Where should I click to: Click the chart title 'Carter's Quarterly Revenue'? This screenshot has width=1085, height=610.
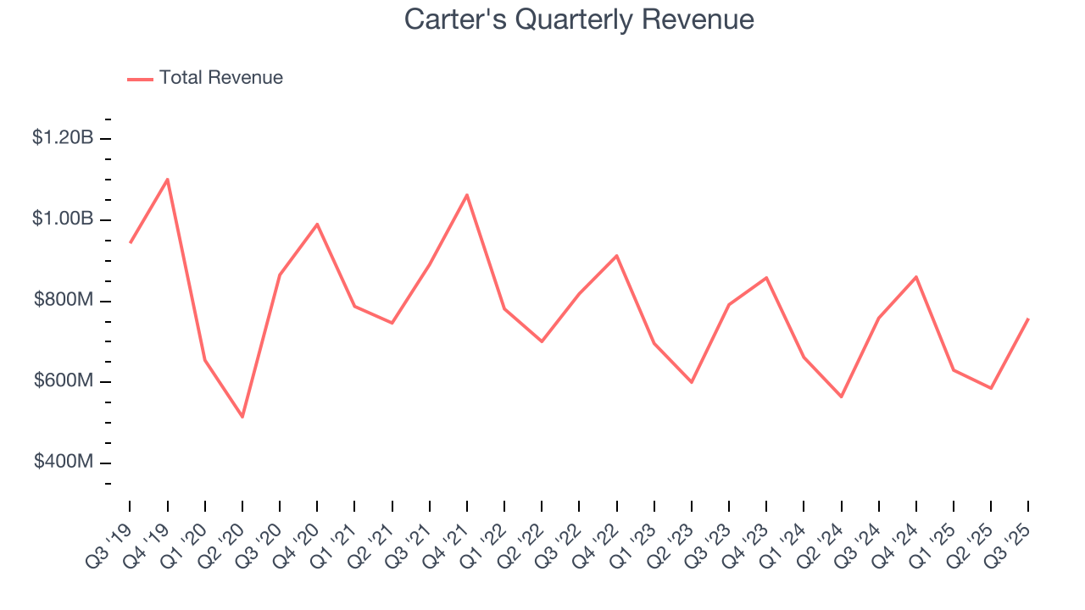coord(579,19)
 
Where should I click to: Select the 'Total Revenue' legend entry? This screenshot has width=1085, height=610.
coord(220,78)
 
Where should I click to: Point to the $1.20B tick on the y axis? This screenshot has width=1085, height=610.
coord(63,137)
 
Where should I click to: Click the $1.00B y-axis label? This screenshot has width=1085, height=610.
coord(63,219)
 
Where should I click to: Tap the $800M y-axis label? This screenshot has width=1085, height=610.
coord(64,300)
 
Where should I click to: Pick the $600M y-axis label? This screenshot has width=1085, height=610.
coord(64,381)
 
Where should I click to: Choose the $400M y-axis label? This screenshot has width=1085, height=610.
coord(64,462)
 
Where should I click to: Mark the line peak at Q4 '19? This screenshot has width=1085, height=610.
coord(168,179)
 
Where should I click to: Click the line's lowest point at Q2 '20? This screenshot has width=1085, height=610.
coord(242,417)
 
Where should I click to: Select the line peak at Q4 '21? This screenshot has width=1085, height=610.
coord(467,195)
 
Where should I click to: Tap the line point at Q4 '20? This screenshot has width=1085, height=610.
coord(317,224)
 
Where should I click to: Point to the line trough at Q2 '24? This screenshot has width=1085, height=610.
coord(842,396)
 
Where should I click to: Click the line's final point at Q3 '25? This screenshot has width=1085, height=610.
coord(1028,319)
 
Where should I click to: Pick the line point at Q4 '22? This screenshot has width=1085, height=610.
coord(617,255)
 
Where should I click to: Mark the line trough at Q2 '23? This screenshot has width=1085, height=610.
coord(692,382)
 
